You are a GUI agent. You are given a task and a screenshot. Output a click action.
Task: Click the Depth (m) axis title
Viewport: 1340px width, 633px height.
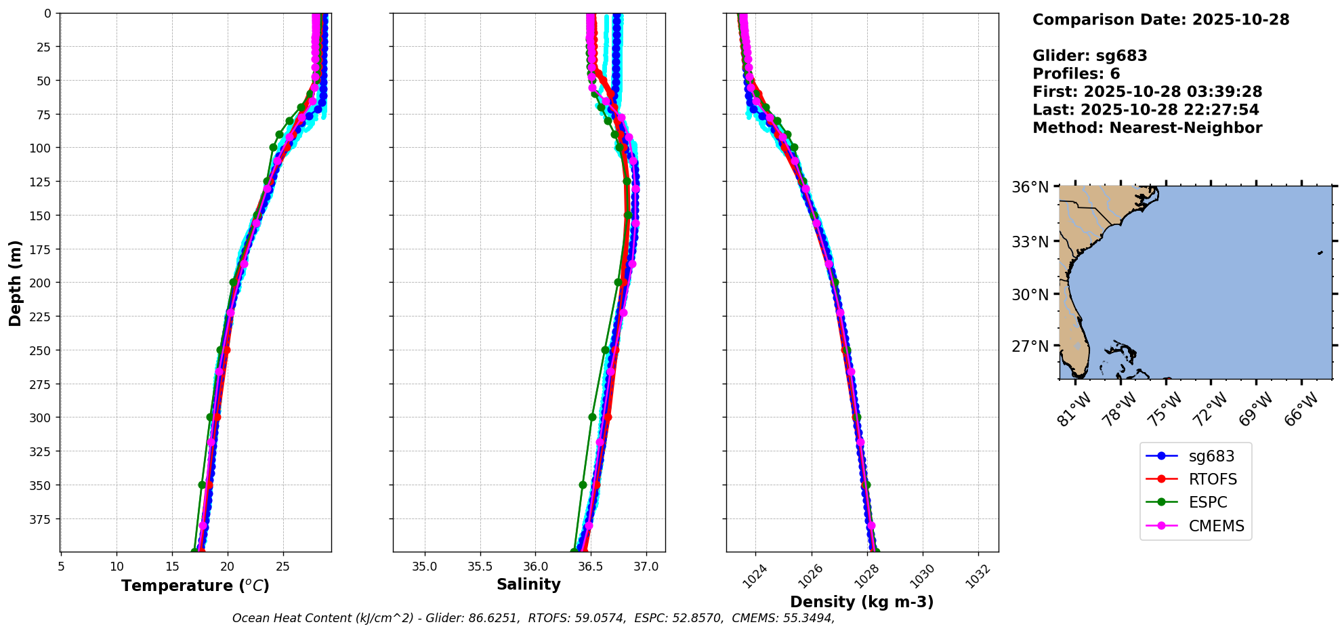pyautogui.click(x=15, y=283)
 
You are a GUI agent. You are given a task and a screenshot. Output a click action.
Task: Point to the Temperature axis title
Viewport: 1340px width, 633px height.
pyautogui.click(x=195, y=586)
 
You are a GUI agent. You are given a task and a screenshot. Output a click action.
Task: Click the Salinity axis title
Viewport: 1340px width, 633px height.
pyautogui.click(x=528, y=584)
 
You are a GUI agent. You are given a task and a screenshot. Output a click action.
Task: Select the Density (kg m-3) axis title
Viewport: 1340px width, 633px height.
pyautogui.click(x=862, y=602)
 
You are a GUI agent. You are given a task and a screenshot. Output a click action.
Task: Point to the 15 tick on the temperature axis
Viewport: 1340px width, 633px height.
pyautogui.click(x=172, y=567)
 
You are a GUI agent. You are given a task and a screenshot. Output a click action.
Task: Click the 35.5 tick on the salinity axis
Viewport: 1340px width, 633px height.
pyautogui.click(x=480, y=567)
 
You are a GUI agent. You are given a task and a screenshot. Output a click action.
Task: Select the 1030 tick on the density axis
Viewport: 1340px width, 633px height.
pyautogui.click(x=921, y=576)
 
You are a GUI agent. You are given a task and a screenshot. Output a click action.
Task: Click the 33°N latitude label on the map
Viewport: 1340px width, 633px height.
pyautogui.click(x=1030, y=242)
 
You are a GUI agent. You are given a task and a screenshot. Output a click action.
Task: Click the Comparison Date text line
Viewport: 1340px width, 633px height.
pyautogui.click(x=1160, y=20)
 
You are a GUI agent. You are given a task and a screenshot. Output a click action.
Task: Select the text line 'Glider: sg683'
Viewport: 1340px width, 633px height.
pyautogui.click(x=1089, y=56)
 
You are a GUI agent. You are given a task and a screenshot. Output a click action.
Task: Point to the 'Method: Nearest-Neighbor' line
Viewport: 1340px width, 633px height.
pyautogui.click(x=1147, y=128)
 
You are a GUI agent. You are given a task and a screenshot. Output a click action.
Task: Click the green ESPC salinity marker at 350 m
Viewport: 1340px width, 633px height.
pyautogui.click(x=583, y=485)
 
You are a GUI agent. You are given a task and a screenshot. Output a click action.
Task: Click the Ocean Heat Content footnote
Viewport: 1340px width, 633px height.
pyautogui.click(x=533, y=618)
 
